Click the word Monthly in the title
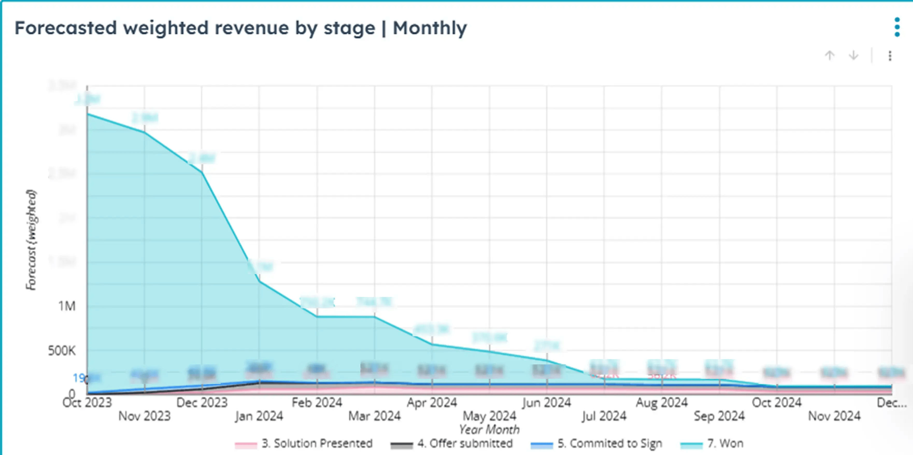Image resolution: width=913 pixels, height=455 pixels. pyautogui.click(x=430, y=28)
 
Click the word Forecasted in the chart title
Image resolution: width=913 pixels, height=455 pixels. pyautogui.click(x=66, y=28)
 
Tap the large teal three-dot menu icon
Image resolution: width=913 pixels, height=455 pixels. pyautogui.click(x=897, y=27)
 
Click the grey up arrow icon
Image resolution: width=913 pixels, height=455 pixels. pyautogui.click(x=829, y=56)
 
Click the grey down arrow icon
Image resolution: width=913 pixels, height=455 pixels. pyautogui.click(x=853, y=56)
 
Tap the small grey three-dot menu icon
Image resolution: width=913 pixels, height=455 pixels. pyautogui.click(x=890, y=56)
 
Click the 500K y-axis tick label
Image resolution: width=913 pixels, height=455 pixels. pyautogui.click(x=62, y=351)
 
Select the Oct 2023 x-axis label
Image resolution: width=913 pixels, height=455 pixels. pyautogui.click(x=87, y=403)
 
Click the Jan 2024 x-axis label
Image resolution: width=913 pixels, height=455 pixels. pyautogui.click(x=259, y=416)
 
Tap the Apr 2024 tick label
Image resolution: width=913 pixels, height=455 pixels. pyautogui.click(x=432, y=403)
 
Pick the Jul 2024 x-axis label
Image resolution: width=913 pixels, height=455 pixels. pyautogui.click(x=604, y=416)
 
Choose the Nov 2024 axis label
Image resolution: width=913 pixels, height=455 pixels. pyautogui.click(x=834, y=416)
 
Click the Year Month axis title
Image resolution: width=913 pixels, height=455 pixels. pyautogui.click(x=489, y=430)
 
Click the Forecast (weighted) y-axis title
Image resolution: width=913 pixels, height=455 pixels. pyautogui.click(x=31, y=240)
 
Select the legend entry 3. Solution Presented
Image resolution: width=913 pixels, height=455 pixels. pyautogui.click(x=317, y=443)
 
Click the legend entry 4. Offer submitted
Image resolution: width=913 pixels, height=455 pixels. pyautogui.click(x=465, y=443)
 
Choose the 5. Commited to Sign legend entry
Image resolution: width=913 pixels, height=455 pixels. pyautogui.click(x=609, y=443)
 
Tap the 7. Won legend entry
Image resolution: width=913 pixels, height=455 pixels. pyautogui.click(x=725, y=443)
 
